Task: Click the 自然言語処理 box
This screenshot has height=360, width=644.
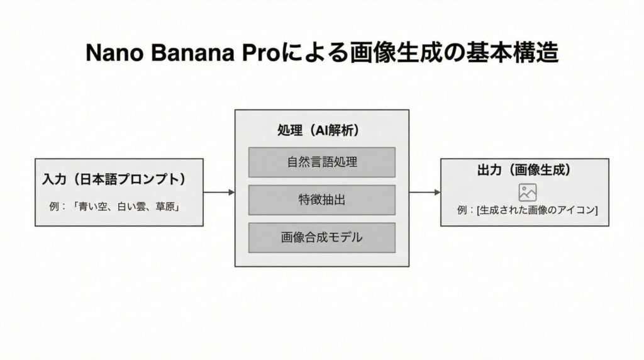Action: pyautogui.click(x=321, y=162)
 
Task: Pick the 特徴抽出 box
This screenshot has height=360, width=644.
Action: pyautogui.click(x=321, y=200)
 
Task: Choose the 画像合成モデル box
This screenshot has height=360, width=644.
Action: pyautogui.click(x=321, y=237)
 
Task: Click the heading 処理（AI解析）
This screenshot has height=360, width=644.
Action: pyautogui.click(x=321, y=130)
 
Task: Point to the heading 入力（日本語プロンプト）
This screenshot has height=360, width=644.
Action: pyautogui.click(x=115, y=179)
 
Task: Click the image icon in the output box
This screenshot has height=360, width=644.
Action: pyautogui.click(x=527, y=192)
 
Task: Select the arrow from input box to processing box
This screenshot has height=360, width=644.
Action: pyautogui.click(x=219, y=192)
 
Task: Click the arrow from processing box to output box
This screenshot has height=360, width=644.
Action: pyautogui.click(x=425, y=192)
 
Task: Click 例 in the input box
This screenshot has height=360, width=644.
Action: pyautogui.click(x=53, y=205)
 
